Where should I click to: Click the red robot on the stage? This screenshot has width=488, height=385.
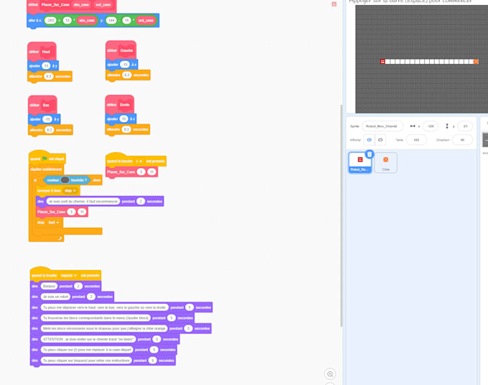click(x=383, y=62)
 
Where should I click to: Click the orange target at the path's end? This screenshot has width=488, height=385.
click(x=476, y=62)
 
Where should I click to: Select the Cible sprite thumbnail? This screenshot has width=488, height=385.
click(x=385, y=162)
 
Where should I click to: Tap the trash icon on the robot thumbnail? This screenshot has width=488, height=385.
click(x=370, y=154)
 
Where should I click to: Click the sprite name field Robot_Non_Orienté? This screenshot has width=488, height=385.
click(x=383, y=126)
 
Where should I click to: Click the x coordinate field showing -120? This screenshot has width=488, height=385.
click(x=430, y=126)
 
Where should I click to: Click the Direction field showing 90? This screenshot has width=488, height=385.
click(x=462, y=140)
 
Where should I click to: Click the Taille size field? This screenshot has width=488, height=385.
click(x=416, y=140)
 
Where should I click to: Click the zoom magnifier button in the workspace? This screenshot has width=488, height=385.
click(x=330, y=374)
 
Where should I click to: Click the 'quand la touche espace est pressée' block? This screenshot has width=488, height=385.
click(x=65, y=275)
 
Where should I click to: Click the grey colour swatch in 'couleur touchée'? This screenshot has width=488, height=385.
click(x=65, y=180)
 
